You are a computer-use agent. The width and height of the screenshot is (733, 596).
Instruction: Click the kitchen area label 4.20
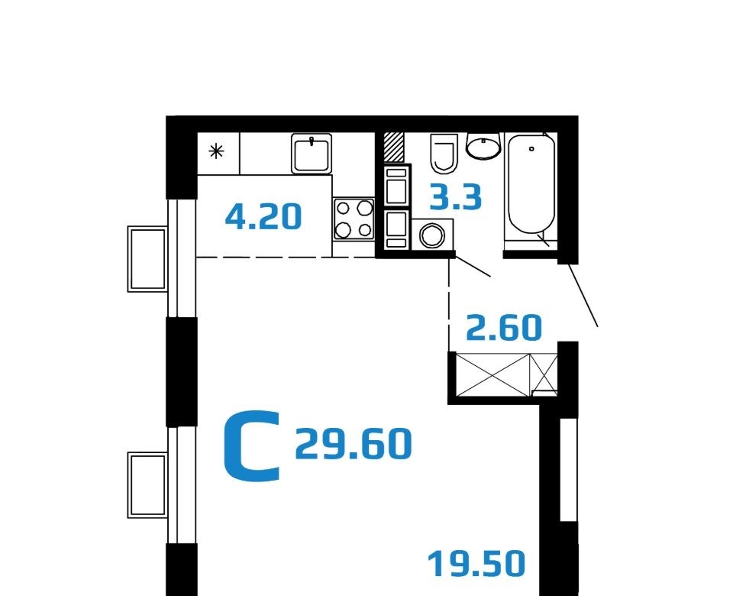coord(263,217)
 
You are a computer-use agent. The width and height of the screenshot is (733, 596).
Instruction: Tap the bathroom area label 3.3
coord(456,197)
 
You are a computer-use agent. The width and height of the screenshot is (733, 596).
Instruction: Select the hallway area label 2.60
coord(505,328)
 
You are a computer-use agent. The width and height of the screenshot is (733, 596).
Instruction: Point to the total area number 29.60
coord(354,443)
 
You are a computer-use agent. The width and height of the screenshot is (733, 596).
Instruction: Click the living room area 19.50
coord(476,564)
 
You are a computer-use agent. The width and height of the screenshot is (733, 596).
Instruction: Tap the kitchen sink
coord(312,154)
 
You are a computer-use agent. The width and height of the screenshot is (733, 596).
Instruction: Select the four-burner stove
coord(354,219)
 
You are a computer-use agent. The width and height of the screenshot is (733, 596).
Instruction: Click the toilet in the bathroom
coord(444,154)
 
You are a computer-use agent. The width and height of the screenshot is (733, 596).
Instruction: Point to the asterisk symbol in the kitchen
coord(216,151)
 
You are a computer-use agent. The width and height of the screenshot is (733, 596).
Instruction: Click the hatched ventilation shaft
coord(394,147)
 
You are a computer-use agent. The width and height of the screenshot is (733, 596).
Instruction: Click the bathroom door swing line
coord(473,266)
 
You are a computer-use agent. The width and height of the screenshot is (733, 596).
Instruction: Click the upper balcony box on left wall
coord(147,259)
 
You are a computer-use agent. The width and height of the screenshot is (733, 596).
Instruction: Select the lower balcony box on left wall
coord(147,485)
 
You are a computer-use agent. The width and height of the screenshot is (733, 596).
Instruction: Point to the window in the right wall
coord(568,470)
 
